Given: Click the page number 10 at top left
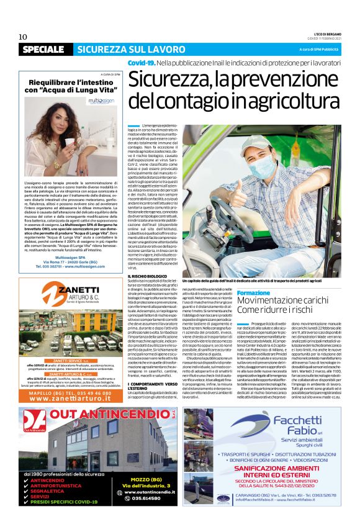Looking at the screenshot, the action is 23,37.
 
